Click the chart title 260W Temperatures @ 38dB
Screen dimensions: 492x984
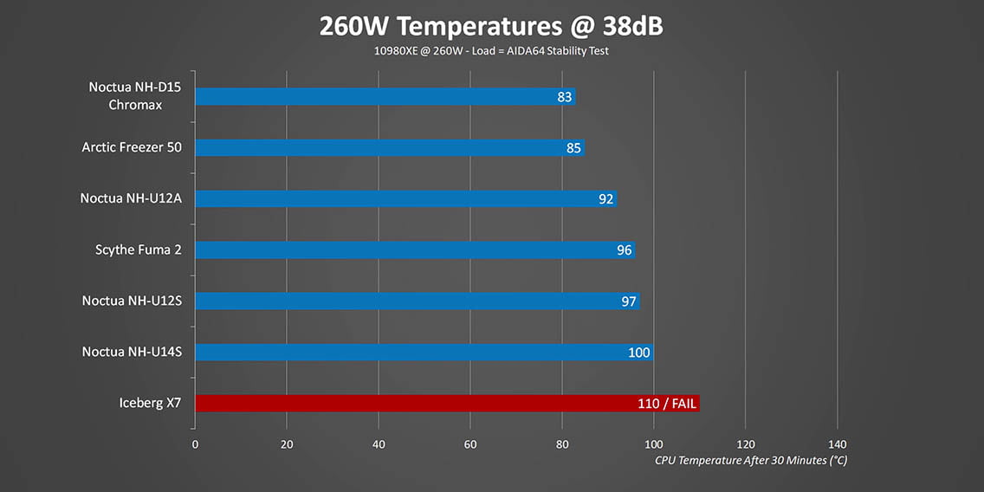pos(491,26)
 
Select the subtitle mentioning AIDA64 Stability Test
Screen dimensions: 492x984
pos(491,51)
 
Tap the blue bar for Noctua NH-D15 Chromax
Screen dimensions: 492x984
pos(372,97)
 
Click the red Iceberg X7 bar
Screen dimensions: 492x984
pos(407,403)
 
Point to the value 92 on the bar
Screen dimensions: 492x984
pos(606,199)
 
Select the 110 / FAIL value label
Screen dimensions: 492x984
pos(666,404)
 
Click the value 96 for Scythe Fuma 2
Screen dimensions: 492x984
pos(625,250)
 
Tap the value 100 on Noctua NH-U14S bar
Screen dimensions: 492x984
pos(639,353)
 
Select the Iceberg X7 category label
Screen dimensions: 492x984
pos(151,403)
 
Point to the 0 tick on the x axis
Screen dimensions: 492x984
pos(195,444)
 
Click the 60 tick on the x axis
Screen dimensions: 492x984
pos(470,444)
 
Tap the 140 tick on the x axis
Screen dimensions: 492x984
pos(837,444)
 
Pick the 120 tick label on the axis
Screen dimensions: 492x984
pos(745,444)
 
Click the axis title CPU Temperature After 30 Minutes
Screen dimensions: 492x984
pos(750,461)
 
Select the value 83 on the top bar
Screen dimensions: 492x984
pos(565,97)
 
